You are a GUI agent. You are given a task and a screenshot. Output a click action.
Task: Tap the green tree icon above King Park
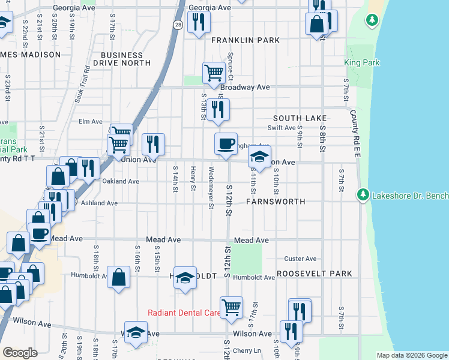[373, 20]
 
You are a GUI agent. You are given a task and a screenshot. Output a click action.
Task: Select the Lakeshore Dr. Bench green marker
[363, 194]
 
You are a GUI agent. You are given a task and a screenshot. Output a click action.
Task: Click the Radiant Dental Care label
[184, 313]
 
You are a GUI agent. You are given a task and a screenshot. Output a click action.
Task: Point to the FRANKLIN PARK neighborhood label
[246, 40]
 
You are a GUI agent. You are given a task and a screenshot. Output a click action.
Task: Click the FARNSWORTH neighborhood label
[276, 202]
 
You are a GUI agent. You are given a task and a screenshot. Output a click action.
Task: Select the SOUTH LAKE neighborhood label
[300, 118]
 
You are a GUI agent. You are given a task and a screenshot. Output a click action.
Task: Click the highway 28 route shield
[178, 25]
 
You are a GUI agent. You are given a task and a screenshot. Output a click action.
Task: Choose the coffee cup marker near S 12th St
[226, 144]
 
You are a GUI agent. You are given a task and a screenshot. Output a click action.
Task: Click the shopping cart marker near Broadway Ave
[214, 73]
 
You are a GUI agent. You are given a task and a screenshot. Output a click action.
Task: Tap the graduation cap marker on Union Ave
[259, 157]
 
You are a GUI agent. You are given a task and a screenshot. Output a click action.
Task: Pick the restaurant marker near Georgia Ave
[197, 22]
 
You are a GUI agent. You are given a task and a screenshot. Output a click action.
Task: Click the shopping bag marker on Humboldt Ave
[119, 277]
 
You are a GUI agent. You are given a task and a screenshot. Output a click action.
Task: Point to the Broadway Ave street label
[250, 87]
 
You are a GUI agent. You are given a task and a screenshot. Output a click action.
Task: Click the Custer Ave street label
[300, 259]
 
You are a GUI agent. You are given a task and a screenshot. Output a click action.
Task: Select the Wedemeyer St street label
[211, 188]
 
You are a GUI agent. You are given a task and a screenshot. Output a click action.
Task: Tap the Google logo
[20, 353]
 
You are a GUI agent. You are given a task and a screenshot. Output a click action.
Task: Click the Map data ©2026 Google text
[411, 355]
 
